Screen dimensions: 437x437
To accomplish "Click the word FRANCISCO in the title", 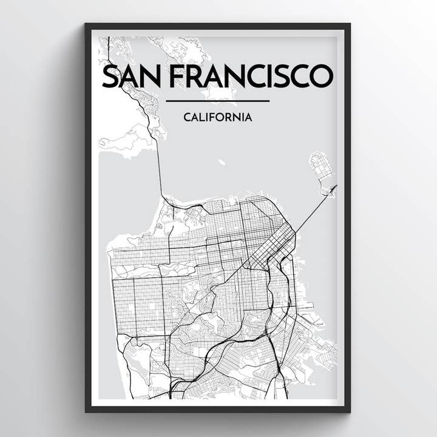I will (251, 76).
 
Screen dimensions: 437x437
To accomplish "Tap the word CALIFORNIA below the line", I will (217, 117).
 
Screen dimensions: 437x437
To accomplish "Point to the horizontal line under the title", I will (217, 101).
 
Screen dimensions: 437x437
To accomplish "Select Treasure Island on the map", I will (321, 165).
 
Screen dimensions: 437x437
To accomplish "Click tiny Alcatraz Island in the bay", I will (222, 162).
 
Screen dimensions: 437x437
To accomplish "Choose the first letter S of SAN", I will (110, 76).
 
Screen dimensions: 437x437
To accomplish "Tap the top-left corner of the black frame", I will (87, 25).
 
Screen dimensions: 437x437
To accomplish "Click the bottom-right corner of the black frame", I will (349, 411).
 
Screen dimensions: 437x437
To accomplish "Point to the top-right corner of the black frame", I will (349, 25).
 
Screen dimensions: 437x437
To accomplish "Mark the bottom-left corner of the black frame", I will (87, 411).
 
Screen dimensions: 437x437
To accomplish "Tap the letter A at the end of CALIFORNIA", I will (248, 117).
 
